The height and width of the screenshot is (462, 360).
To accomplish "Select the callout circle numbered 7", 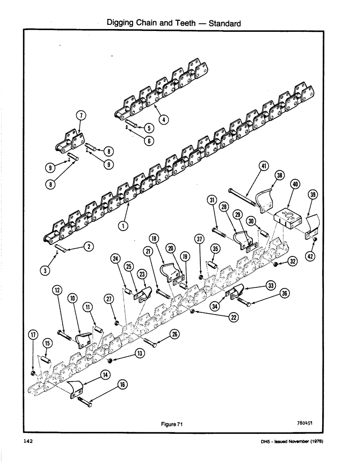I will tap(79, 115).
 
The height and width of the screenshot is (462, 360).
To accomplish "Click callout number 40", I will tap(295, 184).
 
